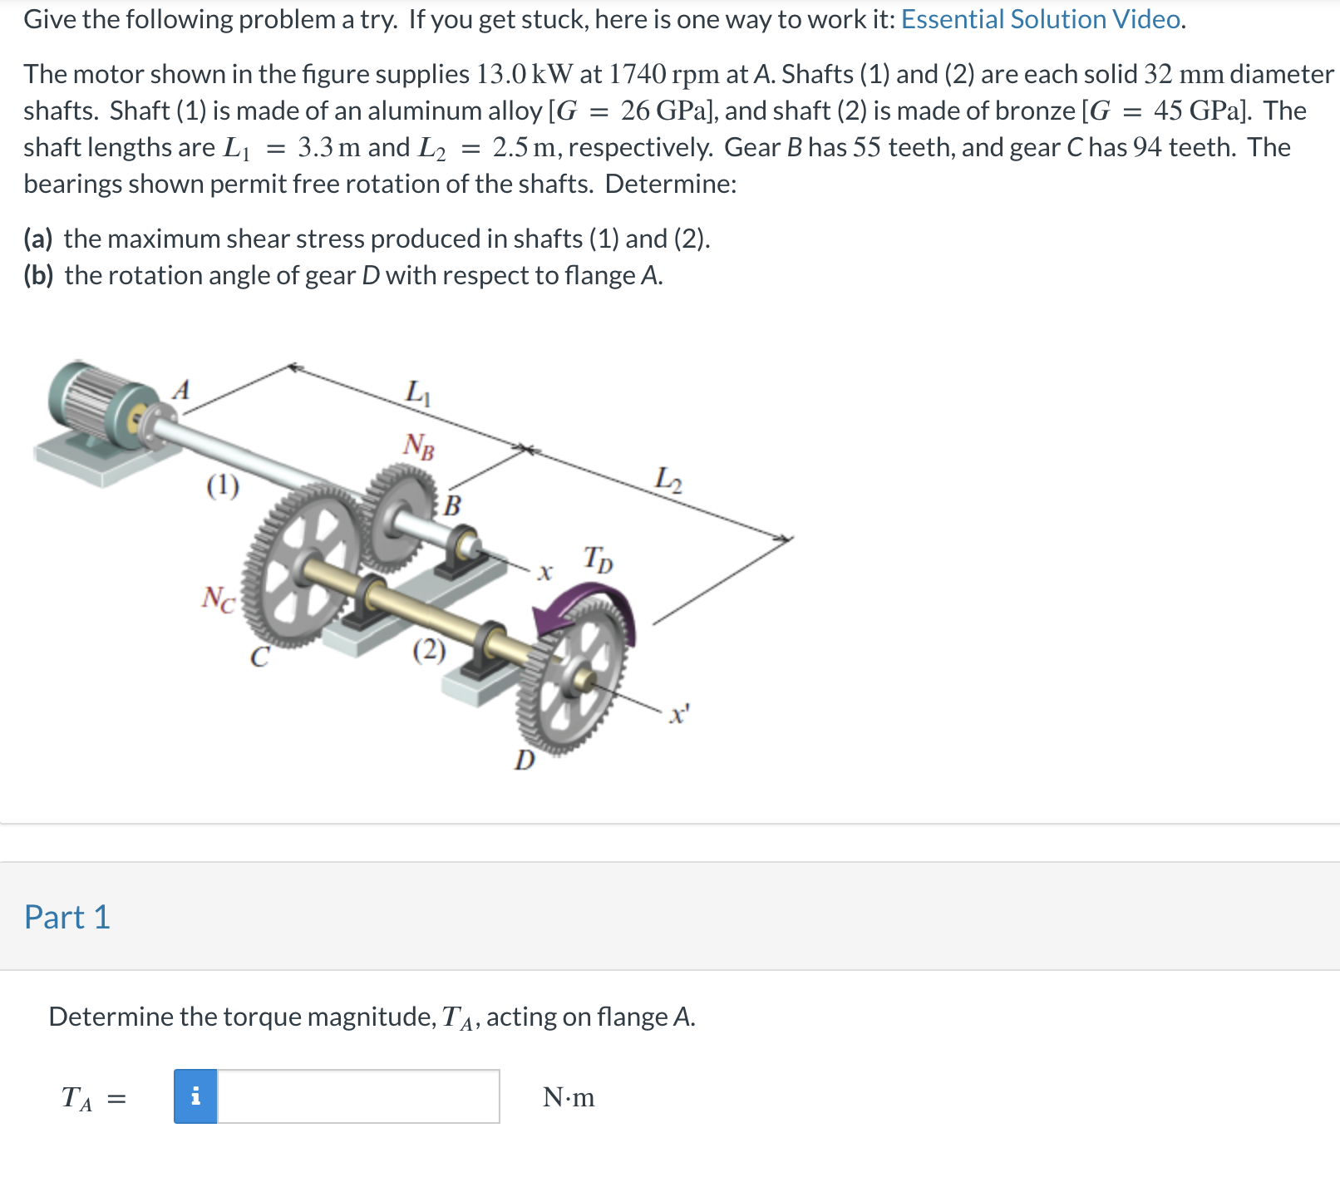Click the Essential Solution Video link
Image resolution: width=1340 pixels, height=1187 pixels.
pyautogui.click(x=1042, y=19)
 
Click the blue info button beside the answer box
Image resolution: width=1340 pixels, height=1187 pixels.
pyautogui.click(x=195, y=1096)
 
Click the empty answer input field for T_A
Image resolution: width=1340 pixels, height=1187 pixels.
pyautogui.click(x=357, y=1096)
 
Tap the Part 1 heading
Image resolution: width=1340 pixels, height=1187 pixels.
pyautogui.click(x=67, y=917)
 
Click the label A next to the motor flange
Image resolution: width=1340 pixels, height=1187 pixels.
pyautogui.click(x=181, y=389)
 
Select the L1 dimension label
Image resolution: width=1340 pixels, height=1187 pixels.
pyautogui.click(x=418, y=392)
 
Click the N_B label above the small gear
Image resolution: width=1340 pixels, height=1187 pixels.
pyautogui.click(x=419, y=446)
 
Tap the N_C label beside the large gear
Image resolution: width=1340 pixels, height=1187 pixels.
pyautogui.click(x=219, y=598)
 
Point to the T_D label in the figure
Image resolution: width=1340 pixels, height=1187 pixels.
pyautogui.click(x=598, y=559)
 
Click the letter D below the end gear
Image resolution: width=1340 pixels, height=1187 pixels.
pyautogui.click(x=525, y=760)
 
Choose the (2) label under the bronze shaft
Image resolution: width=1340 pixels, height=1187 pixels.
pyautogui.click(x=429, y=649)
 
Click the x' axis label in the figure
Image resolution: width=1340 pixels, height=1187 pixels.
pyautogui.click(x=679, y=714)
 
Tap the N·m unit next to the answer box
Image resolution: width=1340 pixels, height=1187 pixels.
pyautogui.click(x=569, y=1097)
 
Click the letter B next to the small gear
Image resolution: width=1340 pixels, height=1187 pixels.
pyautogui.click(x=452, y=505)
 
